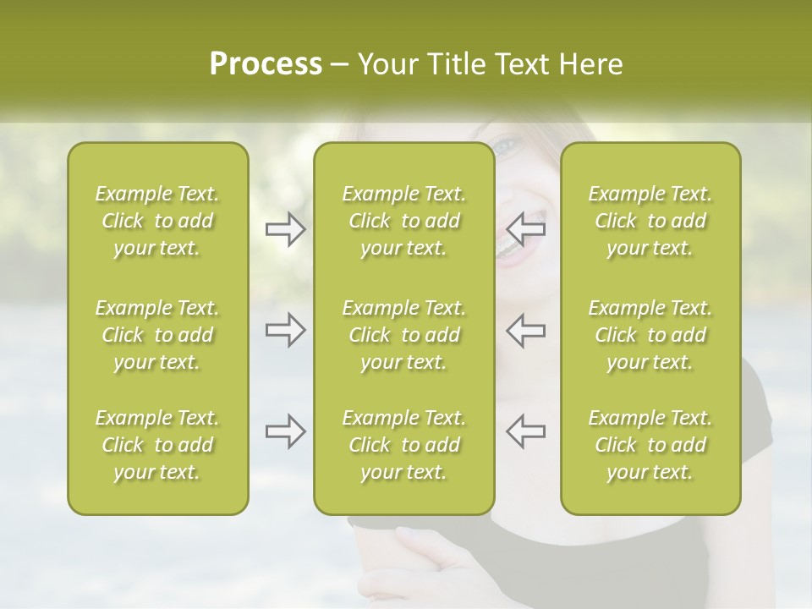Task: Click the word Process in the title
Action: click(266, 64)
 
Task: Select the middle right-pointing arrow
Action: click(285, 330)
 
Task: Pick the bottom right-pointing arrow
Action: click(285, 431)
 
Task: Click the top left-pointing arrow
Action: click(526, 228)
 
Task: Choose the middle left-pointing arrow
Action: click(526, 330)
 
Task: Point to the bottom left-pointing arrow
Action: click(526, 431)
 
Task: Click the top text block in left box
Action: click(157, 221)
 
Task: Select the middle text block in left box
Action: click(157, 335)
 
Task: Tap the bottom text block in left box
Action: click(157, 445)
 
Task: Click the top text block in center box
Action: click(403, 221)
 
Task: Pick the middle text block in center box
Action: click(403, 335)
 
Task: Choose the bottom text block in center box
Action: click(403, 445)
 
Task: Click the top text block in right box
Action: click(650, 221)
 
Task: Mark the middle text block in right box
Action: click(650, 335)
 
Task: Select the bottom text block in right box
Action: click(650, 445)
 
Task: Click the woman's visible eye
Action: click(506, 146)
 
